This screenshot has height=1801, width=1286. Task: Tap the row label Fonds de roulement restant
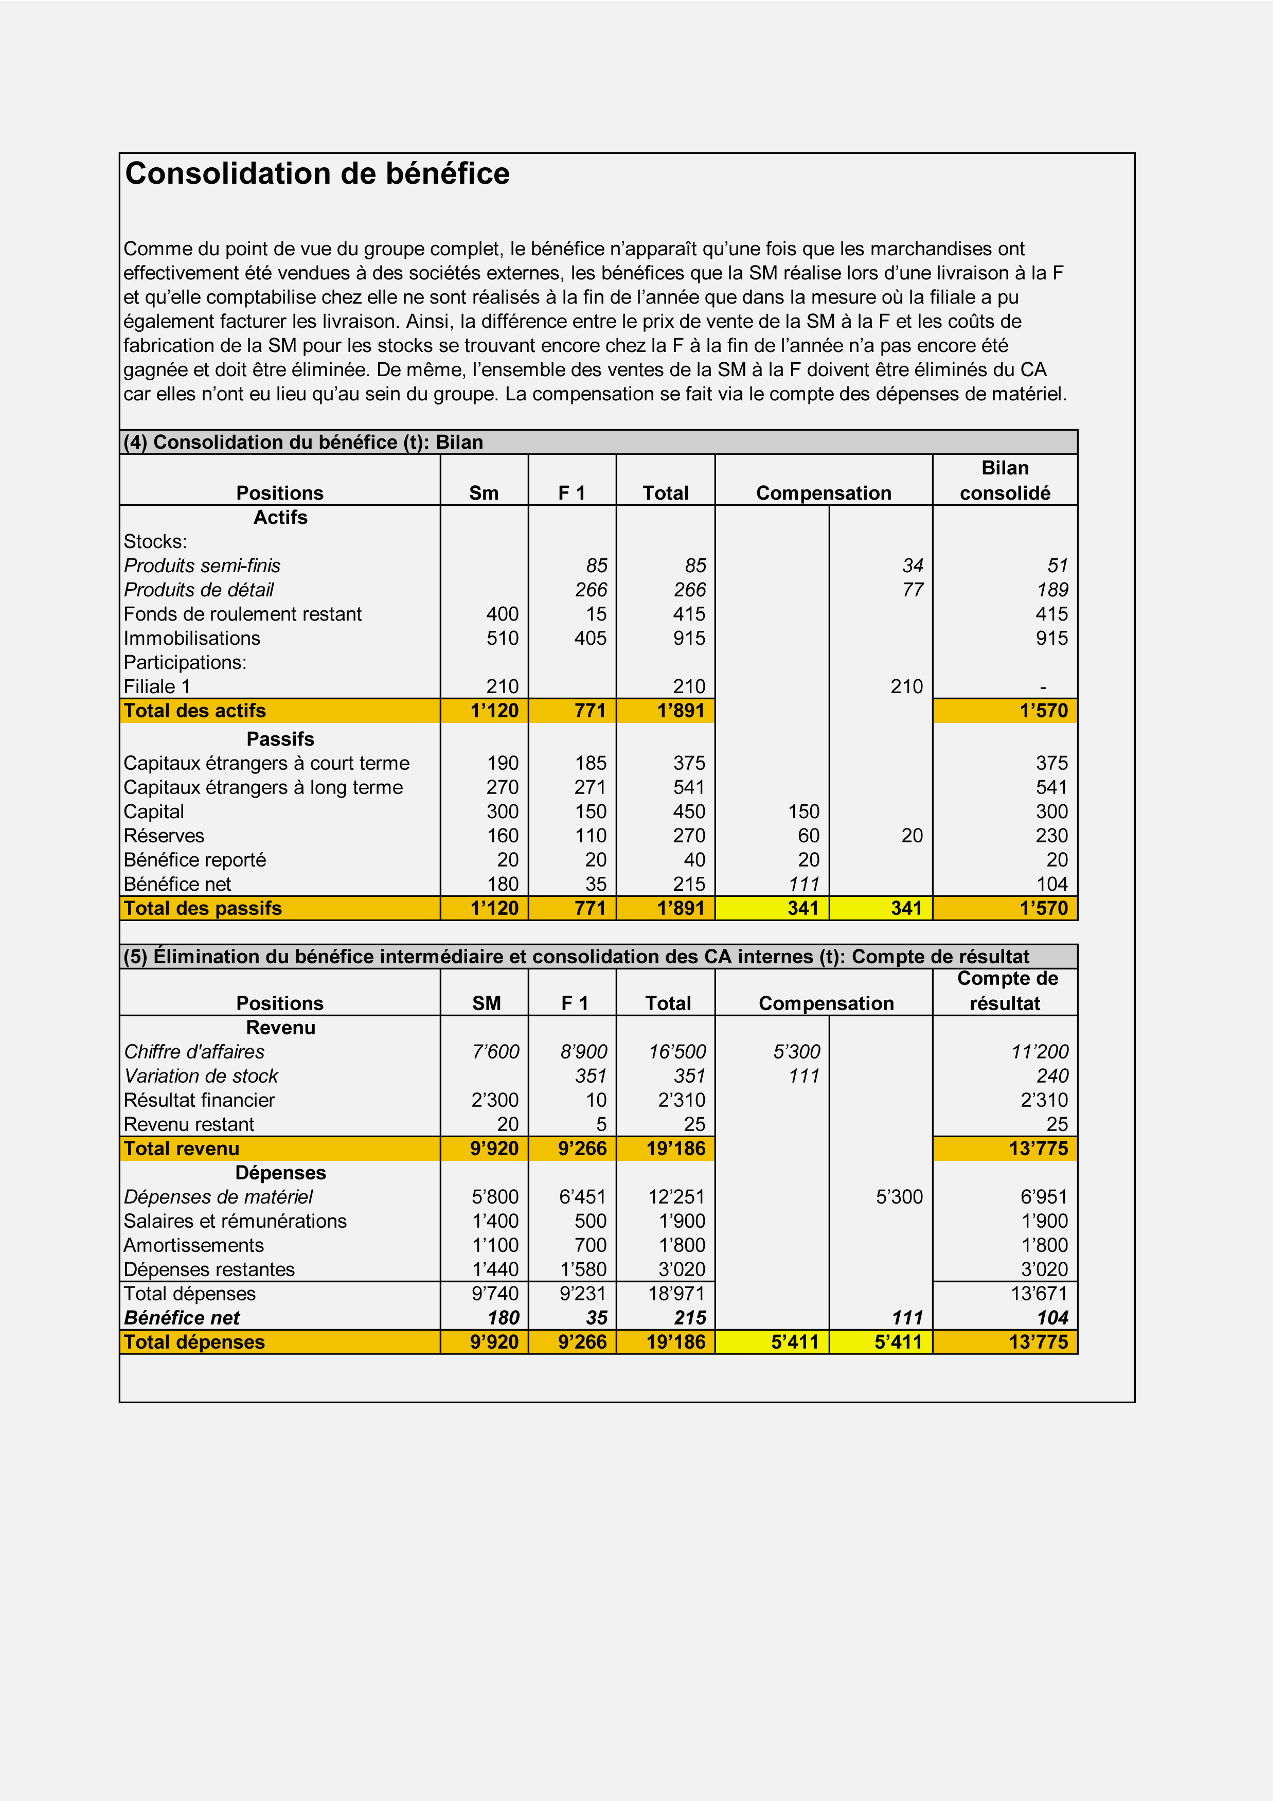[x=242, y=614]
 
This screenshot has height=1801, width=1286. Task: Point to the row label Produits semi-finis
[x=202, y=566]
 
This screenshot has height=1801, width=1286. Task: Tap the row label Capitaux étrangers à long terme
[x=263, y=788]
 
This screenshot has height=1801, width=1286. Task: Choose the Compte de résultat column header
[x=1007, y=991]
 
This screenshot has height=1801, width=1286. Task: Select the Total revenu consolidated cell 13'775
[x=1038, y=1149]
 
